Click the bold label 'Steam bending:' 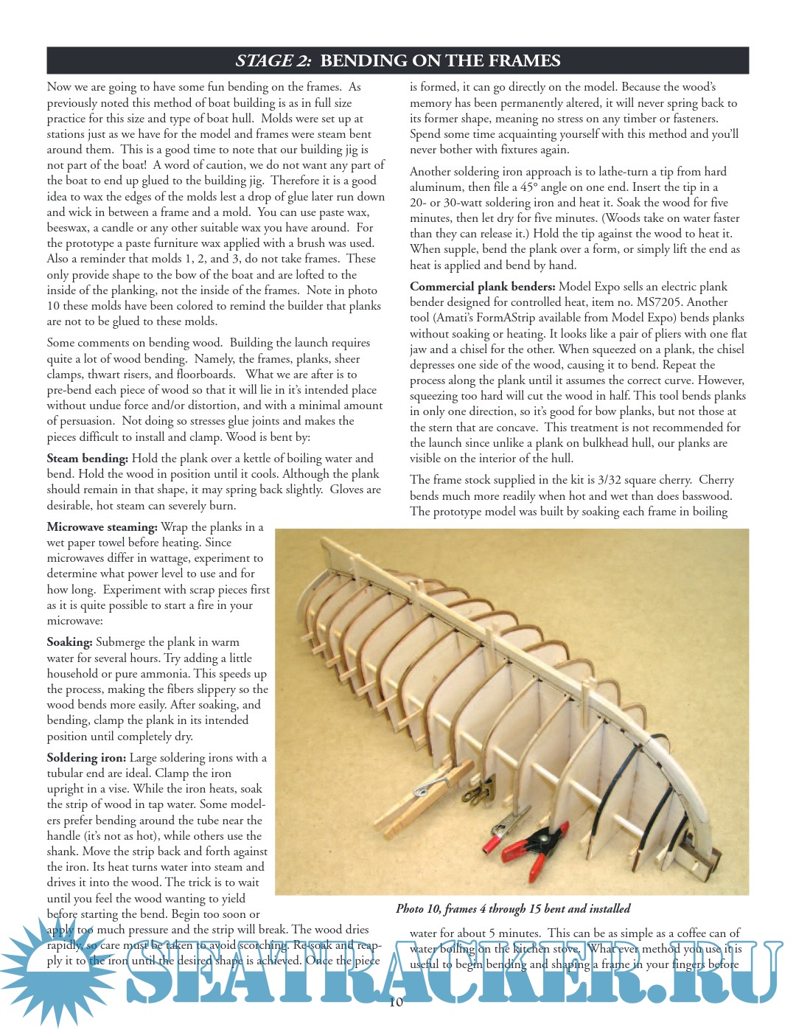coord(87,459)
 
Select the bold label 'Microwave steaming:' coord(102,527)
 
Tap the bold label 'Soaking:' coord(69,642)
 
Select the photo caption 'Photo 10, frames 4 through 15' coord(513,909)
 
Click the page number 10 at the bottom coord(396,1002)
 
